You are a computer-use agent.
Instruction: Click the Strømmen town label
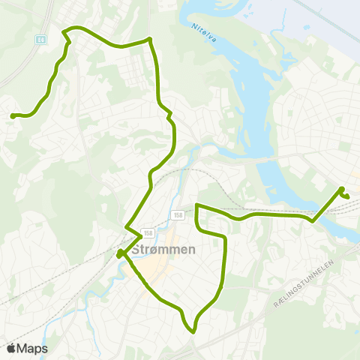(163, 251)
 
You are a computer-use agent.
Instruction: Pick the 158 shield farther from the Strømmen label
(178, 215)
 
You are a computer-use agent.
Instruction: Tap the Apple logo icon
(12, 349)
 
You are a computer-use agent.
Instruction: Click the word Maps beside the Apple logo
(33, 349)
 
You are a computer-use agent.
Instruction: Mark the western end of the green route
(13, 115)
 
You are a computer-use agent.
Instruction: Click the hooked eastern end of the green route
(348, 196)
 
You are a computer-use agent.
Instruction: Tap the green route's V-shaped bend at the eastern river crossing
(313, 220)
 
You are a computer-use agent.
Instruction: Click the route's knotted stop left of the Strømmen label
(120, 253)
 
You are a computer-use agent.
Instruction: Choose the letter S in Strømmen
(135, 251)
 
